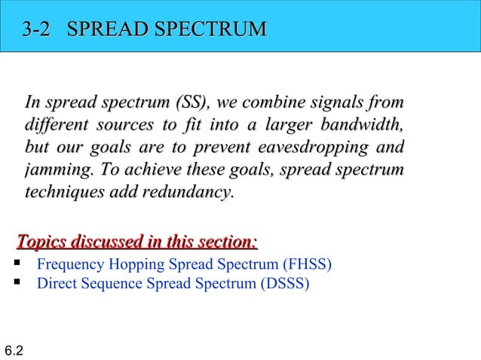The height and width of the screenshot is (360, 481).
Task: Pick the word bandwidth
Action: point(361,124)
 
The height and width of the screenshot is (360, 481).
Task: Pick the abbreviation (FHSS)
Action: point(307,265)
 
